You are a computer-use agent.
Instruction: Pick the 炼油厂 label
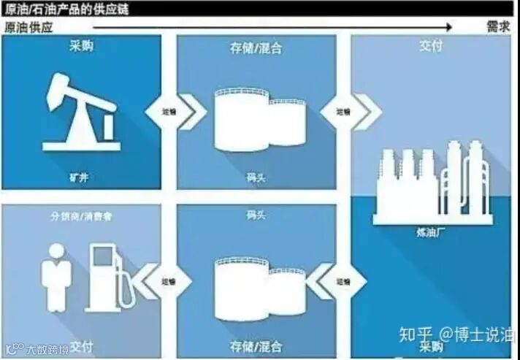coord(432,234)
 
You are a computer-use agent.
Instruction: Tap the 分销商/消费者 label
coord(81,216)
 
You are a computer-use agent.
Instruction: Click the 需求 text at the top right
coord(498,27)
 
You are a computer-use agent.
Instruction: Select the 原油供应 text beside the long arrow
coord(29,27)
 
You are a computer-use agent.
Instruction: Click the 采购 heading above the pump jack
coord(81,47)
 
